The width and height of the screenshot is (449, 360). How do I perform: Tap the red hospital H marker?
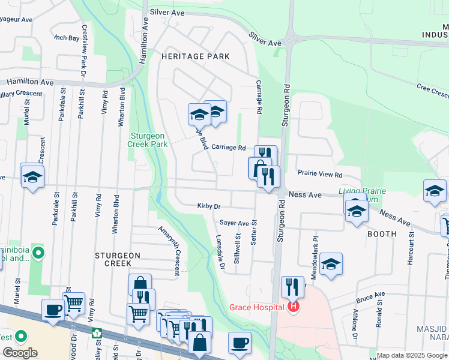click(x=294, y=308)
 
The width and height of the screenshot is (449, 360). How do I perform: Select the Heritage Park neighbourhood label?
click(x=196, y=56)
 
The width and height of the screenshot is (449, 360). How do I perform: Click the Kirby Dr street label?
click(x=209, y=206)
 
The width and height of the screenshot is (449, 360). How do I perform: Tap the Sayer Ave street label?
click(x=234, y=223)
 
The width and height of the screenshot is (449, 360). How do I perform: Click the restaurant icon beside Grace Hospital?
click(x=292, y=286)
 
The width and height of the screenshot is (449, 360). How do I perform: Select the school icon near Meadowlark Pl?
click(x=330, y=266)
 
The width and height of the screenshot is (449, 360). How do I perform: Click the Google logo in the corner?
click(x=20, y=352)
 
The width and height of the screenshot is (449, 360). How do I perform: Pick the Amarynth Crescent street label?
click(x=169, y=250)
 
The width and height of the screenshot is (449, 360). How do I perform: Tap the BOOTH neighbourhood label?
click(x=382, y=234)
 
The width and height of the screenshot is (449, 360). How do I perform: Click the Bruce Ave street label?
click(x=370, y=297)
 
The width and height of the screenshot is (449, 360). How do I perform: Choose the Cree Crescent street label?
click(x=433, y=91)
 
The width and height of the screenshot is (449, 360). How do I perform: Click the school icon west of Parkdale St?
click(x=32, y=176)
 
